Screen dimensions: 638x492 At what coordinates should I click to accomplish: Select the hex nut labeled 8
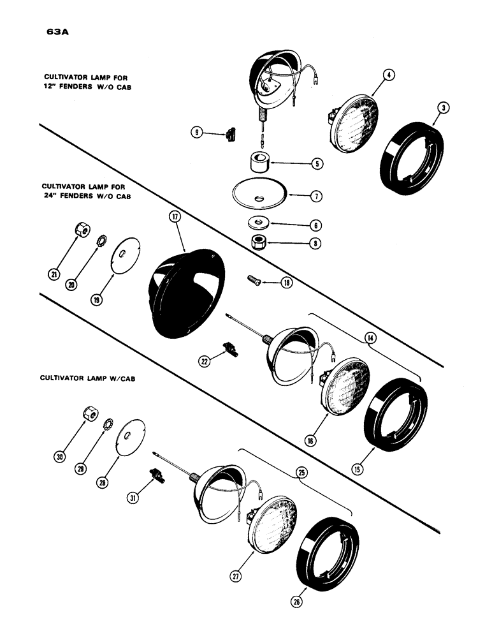pyautogui.click(x=259, y=242)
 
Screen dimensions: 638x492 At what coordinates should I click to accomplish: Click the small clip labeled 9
pyautogui.click(x=230, y=134)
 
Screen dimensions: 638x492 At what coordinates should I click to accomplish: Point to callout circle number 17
pyautogui.click(x=173, y=217)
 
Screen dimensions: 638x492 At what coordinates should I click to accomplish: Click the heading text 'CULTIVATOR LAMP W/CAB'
pyautogui.click(x=87, y=378)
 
